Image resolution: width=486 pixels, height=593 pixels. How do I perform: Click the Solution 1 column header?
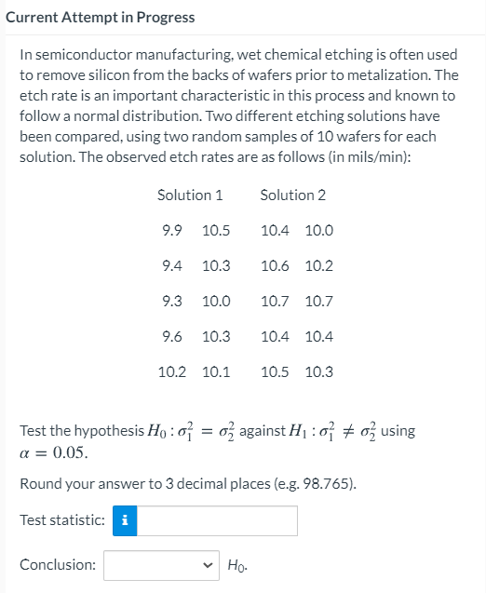[x=190, y=195]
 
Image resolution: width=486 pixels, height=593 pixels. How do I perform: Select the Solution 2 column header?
[x=293, y=195]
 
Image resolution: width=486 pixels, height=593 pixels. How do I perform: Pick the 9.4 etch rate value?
[x=171, y=266]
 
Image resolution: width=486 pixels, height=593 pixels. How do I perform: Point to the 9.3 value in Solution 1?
[x=171, y=302]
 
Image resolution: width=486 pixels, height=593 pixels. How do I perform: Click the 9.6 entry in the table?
[x=171, y=337]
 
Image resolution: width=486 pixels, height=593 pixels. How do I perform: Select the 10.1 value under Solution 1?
[x=216, y=372]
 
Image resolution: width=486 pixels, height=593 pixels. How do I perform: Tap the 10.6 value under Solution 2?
[x=275, y=266]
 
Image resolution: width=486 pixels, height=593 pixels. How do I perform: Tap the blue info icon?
[x=125, y=521]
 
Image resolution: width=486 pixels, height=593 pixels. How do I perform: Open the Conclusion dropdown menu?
[x=161, y=565]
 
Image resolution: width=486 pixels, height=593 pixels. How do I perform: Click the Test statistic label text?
[x=62, y=521]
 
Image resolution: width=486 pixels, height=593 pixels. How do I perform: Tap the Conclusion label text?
[x=58, y=565]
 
